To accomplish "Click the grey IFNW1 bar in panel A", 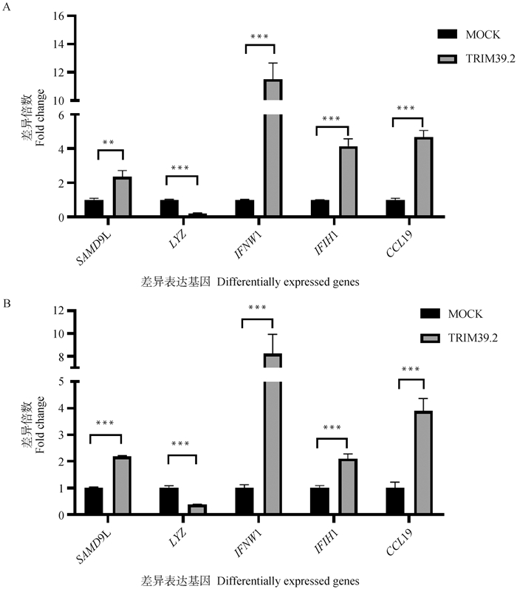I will click(x=273, y=148).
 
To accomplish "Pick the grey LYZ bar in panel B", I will click(x=197, y=509).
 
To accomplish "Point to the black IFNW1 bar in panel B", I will click(x=244, y=500).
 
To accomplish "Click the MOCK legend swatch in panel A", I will click(x=448, y=35).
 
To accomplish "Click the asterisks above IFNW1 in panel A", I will click(x=259, y=37).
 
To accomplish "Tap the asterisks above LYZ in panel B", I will click(x=181, y=445).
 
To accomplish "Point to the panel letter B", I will click(x=7, y=303).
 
